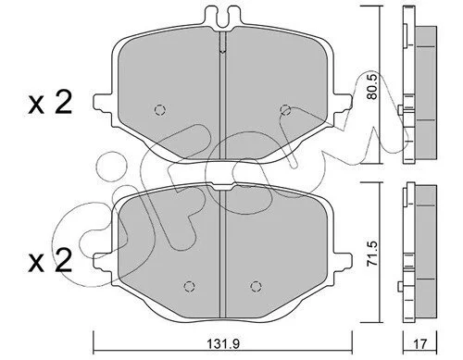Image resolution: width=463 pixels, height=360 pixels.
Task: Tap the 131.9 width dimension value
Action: click(223, 344)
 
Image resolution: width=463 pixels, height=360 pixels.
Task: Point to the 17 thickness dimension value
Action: click(419, 344)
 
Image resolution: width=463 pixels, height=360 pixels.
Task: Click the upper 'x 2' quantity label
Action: click(50, 103)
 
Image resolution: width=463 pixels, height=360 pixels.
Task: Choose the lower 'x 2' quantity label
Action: click(50, 261)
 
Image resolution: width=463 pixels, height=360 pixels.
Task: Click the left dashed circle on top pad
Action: click(160, 109)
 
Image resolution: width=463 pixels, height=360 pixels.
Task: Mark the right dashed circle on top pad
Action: click(285, 109)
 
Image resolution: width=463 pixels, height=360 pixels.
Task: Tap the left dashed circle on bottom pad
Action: click(189, 287)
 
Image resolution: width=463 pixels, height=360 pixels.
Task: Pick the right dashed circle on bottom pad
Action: click(256, 287)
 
